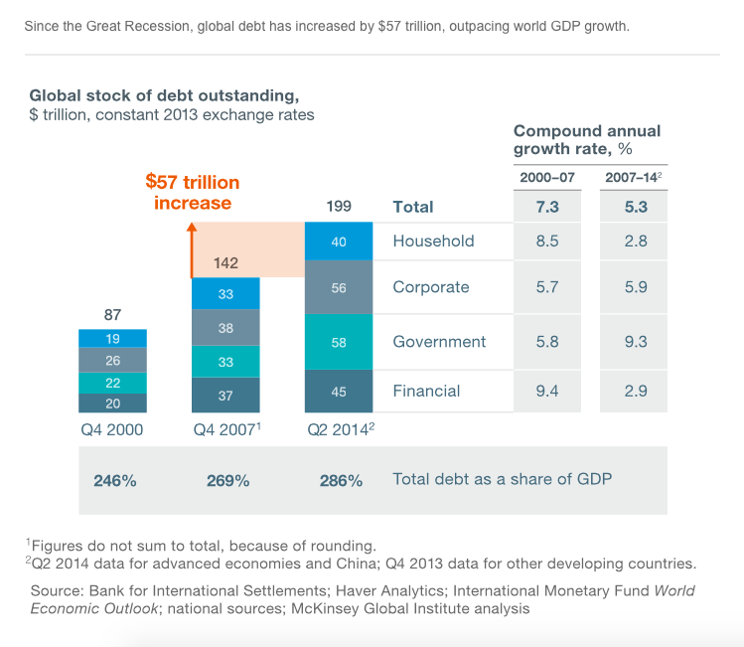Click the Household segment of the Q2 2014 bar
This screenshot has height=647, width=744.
pyautogui.click(x=338, y=241)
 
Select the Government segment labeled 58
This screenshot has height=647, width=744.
pyautogui.click(x=338, y=342)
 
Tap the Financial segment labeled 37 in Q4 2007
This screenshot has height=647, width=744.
pyautogui.click(x=225, y=395)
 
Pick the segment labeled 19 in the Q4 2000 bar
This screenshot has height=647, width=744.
pyautogui.click(x=112, y=338)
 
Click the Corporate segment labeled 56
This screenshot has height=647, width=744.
pyautogui.click(x=338, y=287)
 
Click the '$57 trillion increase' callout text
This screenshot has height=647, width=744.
pyautogui.click(x=193, y=193)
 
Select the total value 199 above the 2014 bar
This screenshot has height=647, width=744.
pyautogui.click(x=339, y=207)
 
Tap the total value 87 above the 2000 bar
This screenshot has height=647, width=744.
pyautogui.click(x=112, y=315)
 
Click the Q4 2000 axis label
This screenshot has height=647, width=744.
pyautogui.click(x=112, y=430)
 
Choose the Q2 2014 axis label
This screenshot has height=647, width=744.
pyautogui.click(x=339, y=430)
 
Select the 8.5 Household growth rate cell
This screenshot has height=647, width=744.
pyautogui.click(x=547, y=241)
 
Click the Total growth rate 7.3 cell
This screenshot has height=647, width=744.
pyautogui.click(x=547, y=207)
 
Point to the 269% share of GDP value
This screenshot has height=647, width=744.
pyautogui.click(x=227, y=481)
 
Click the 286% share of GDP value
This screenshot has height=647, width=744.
pyautogui.click(x=341, y=481)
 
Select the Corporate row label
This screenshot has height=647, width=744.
pyautogui.click(x=431, y=287)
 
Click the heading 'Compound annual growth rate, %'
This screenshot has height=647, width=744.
pyautogui.click(x=587, y=140)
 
